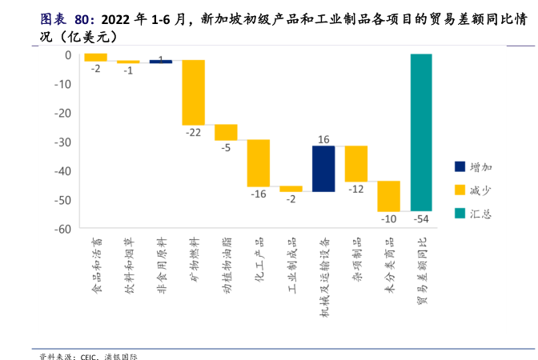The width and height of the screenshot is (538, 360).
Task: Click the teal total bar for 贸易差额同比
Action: [x=421, y=132]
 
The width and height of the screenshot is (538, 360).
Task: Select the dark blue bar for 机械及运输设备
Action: [x=323, y=169]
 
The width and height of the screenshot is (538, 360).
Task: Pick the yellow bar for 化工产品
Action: [x=258, y=162]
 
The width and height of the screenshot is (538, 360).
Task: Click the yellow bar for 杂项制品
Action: [x=356, y=163]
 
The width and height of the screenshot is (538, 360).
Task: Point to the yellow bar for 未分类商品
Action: [x=388, y=196]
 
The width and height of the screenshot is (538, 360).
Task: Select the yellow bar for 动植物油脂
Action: [x=226, y=132]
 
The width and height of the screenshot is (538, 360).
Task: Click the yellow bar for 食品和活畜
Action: [x=95, y=57]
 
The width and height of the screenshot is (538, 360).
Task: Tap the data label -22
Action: [x=193, y=132]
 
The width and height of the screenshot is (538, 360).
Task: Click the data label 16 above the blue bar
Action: [x=323, y=139]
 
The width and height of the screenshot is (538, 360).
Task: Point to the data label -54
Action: [x=421, y=218]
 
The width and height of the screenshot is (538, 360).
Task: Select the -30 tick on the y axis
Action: [x=62, y=142]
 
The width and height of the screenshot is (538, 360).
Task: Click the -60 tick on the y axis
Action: [x=62, y=229]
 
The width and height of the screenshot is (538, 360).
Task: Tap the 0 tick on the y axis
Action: [x=68, y=55]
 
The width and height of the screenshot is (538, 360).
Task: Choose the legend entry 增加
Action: [x=481, y=166]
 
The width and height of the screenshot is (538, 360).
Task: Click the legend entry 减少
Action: [x=481, y=190]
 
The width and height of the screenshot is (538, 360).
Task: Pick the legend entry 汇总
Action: [x=481, y=213]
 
